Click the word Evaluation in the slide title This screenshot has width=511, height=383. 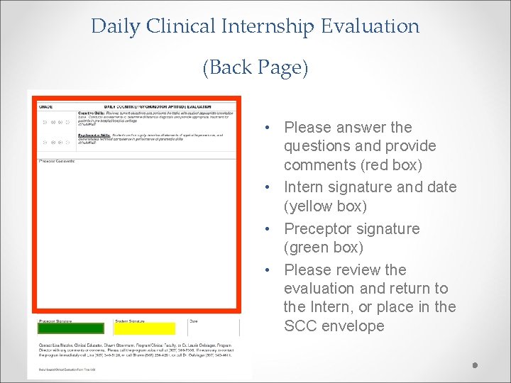coord(370,27)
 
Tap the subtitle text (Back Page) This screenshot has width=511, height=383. coord(255,68)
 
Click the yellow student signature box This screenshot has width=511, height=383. coord(145,328)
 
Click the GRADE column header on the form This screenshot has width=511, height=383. coord(46,106)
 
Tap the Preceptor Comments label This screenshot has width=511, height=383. coord(57,161)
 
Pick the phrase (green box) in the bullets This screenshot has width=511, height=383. coord(323,248)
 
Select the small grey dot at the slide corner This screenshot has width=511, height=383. coord(476,366)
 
